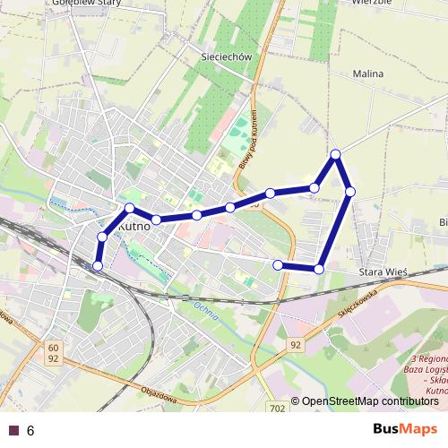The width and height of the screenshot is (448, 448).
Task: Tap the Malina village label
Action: coord(368,73)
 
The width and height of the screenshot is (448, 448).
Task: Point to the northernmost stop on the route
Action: coord(336,155)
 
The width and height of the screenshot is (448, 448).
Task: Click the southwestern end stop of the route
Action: coord(98,265)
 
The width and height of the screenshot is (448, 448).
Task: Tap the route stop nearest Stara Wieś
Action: coord(319,268)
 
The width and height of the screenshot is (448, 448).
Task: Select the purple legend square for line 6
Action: coord(13,430)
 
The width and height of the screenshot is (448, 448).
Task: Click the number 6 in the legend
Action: coord(30,430)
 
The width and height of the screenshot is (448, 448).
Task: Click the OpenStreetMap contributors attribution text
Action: coord(364,401)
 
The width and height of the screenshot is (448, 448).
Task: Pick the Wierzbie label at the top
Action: coord(374,3)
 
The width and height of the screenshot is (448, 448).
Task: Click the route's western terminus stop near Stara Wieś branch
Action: coord(279,264)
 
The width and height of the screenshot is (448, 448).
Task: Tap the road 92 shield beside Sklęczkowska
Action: coord(297,343)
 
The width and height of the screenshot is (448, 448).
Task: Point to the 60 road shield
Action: coord(54,347)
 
